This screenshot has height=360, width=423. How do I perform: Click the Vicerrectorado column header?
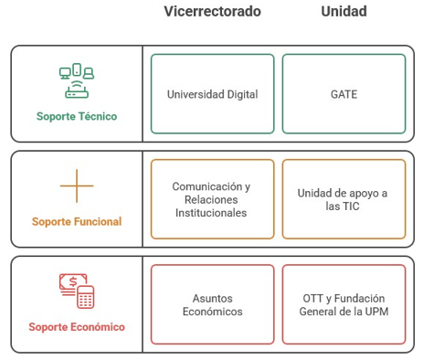point(212,12)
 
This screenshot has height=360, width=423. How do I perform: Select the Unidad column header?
point(344,12)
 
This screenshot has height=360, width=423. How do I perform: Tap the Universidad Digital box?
point(212,94)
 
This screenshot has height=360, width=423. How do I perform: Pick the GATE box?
point(344,94)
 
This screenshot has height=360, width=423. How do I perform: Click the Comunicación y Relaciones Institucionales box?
point(212,199)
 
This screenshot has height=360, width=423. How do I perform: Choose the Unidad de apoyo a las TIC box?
point(344,199)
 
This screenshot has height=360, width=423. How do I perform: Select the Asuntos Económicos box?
point(212,304)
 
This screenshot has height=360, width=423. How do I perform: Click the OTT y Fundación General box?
point(344,304)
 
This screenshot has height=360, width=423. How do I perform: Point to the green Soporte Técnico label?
point(77,117)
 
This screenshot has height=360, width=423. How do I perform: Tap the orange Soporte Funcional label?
point(77,222)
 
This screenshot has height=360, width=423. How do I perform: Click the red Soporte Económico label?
point(77,327)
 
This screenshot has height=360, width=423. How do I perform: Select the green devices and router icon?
point(77,80)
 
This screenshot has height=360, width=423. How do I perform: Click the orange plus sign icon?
point(77,186)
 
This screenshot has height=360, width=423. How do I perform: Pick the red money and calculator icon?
point(77,291)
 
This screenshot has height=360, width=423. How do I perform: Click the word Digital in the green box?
point(240,94)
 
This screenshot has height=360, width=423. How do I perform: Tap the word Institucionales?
point(212,213)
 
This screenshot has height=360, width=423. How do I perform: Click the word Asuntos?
point(212,298)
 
